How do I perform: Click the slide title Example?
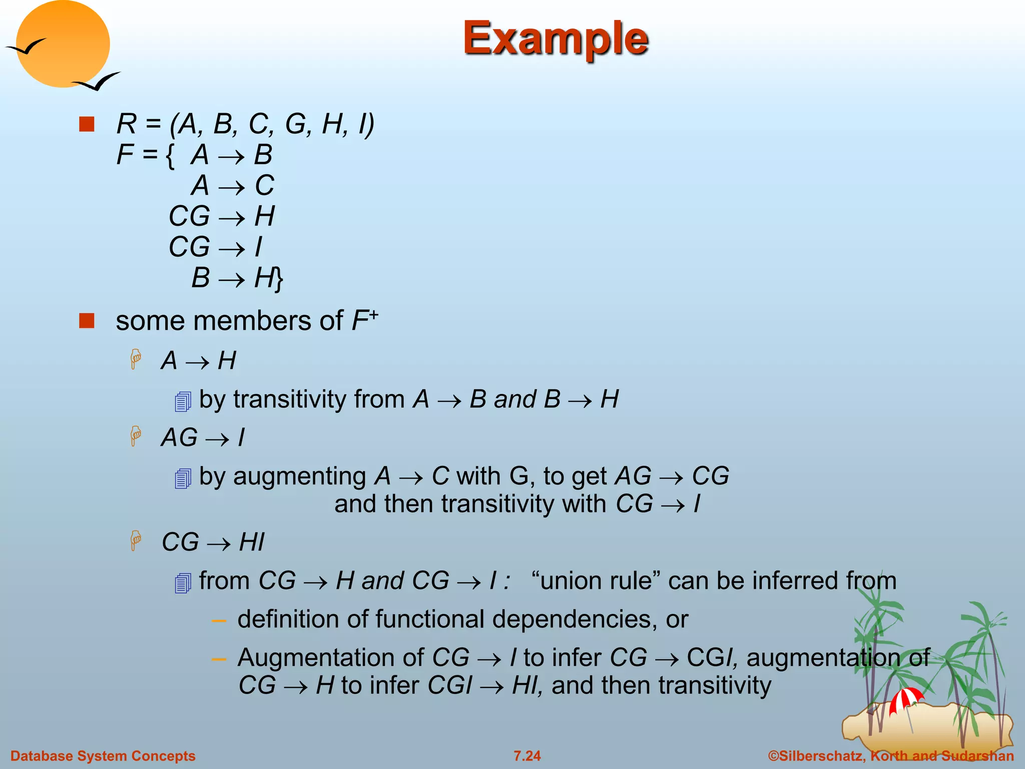pos(556,39)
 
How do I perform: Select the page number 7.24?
pos(527,755)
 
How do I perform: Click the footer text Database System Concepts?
pos(103,755)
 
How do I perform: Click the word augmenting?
pos(300,476)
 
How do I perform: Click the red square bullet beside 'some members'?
pos(87,321)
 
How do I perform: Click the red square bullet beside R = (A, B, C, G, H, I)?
pos(87,124)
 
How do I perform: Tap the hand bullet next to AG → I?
pos(136,436)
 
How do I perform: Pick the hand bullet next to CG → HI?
pos(136,541)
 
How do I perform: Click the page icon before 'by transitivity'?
pos(183,402)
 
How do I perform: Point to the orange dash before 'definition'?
pos(219,621)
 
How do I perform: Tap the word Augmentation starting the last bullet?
pos(330,657)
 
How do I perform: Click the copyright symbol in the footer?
pos(773,755)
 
